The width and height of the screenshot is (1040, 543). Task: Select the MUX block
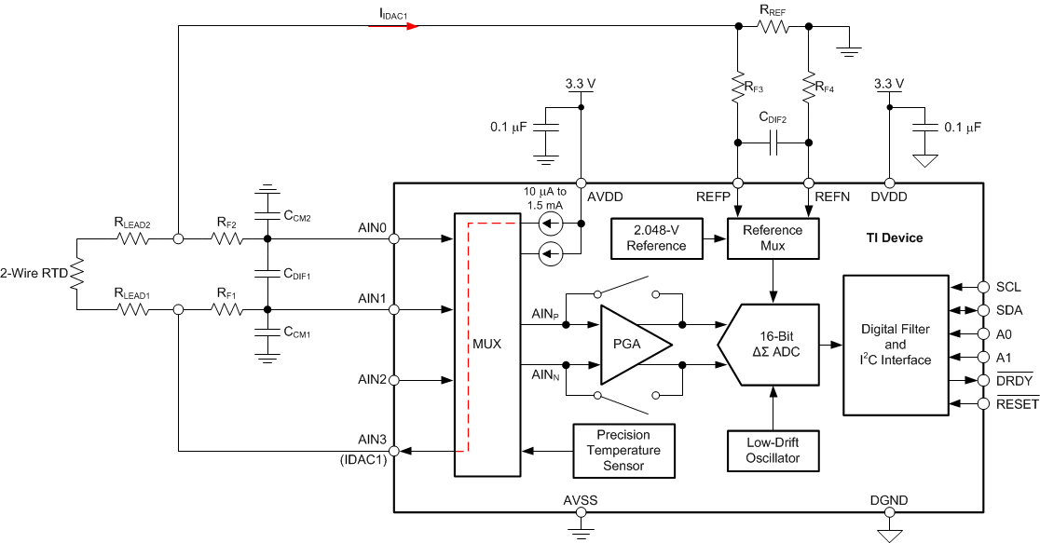[486, 344]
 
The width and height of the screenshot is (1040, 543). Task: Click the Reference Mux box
[773, 238]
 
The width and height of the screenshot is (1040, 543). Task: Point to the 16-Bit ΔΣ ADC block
[771, 344]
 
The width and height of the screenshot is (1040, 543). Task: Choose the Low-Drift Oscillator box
[773, 451]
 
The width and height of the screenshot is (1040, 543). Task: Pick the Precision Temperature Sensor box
[623, 451]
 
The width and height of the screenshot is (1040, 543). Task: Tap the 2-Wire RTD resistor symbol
[77, 274]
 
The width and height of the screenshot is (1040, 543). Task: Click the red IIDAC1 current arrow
[394, 25]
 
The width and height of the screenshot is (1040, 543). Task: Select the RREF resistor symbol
[773, 26]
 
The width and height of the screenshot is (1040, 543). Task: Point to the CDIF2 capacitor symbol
[773, 143]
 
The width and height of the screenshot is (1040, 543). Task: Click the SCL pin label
[1008, 287]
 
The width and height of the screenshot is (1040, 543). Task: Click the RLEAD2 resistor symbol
[131, 238]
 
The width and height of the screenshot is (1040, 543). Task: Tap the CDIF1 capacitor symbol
[267, 274]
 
